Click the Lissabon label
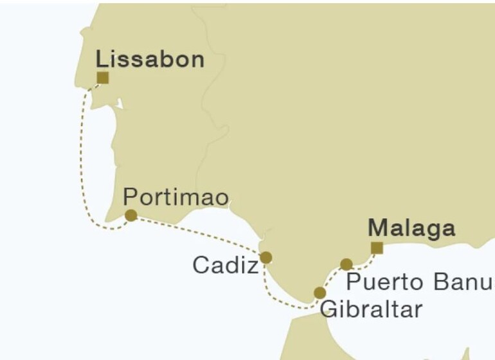click(x=150, y=60)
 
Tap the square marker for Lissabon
click(x=102, y=78)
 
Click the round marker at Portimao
click(x=130, y=215)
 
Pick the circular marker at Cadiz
click(x=265, y=258)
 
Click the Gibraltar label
click(x=371, y=309)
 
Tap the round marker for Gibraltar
click(x=319, y=293)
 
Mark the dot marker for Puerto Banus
click(x=346, y=264)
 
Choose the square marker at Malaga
click(x=377, y=248)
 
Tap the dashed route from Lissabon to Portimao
click(x=83, y=161)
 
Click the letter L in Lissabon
click(x=102, y=60)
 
